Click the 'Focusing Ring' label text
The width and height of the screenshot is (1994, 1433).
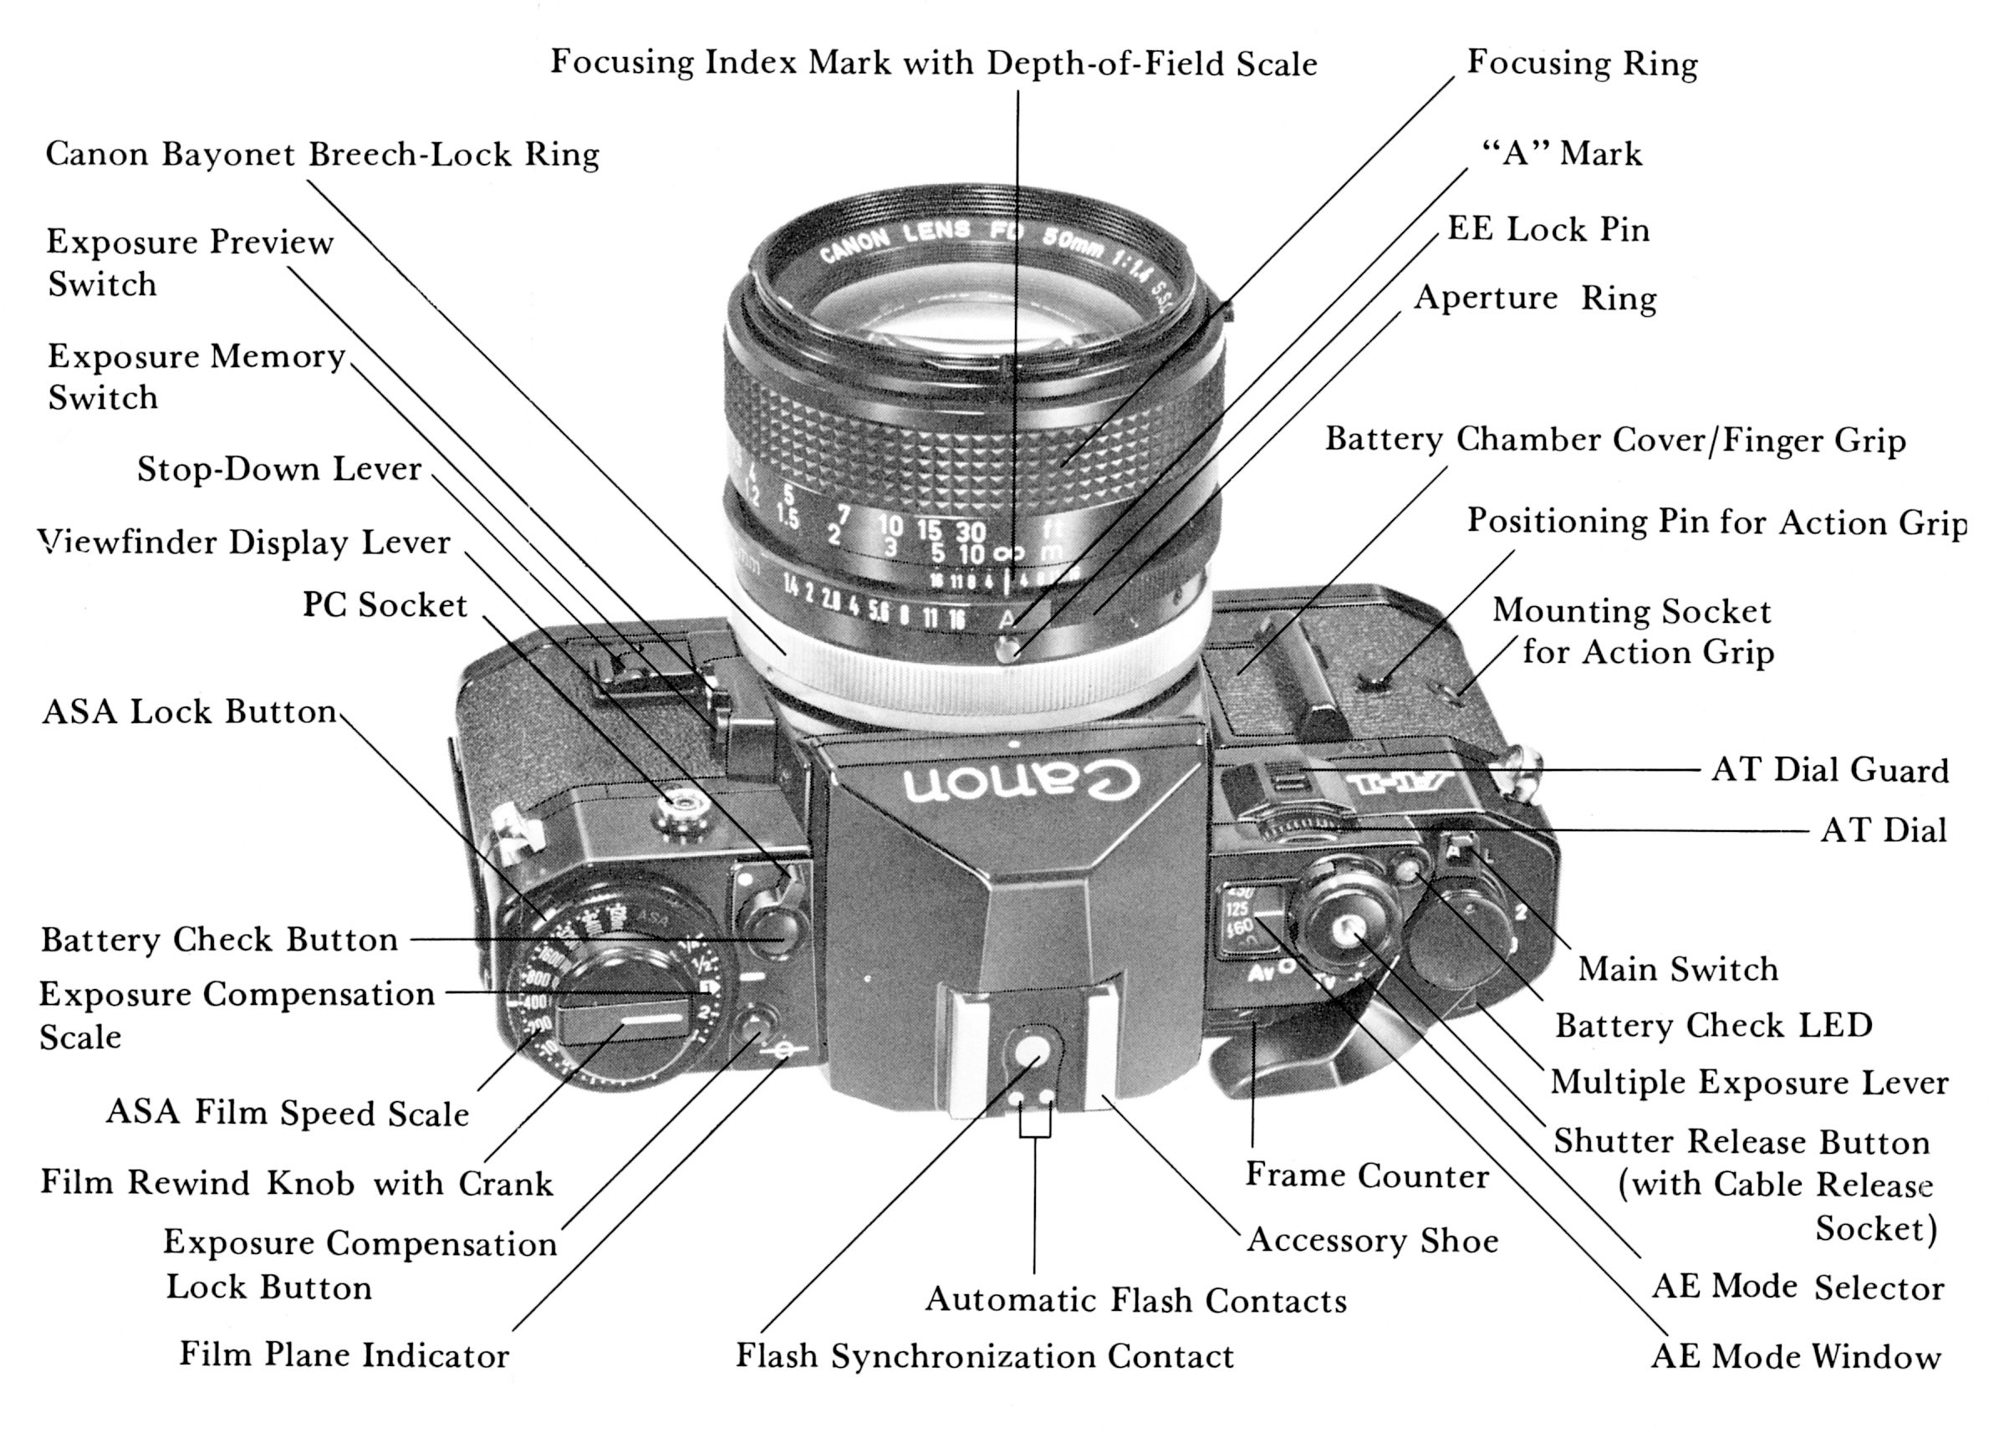1582,64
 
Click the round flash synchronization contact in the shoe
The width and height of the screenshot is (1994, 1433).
1034,1052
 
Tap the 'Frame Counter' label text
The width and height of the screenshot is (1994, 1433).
1366,1175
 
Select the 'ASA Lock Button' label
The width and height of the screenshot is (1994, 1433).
189,711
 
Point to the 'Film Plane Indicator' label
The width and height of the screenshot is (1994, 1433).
344,1354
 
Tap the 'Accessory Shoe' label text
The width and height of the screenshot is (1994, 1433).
1373,1241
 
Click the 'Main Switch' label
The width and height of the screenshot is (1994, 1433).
1677,969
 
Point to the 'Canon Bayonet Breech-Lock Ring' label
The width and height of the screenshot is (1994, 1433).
322,154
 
